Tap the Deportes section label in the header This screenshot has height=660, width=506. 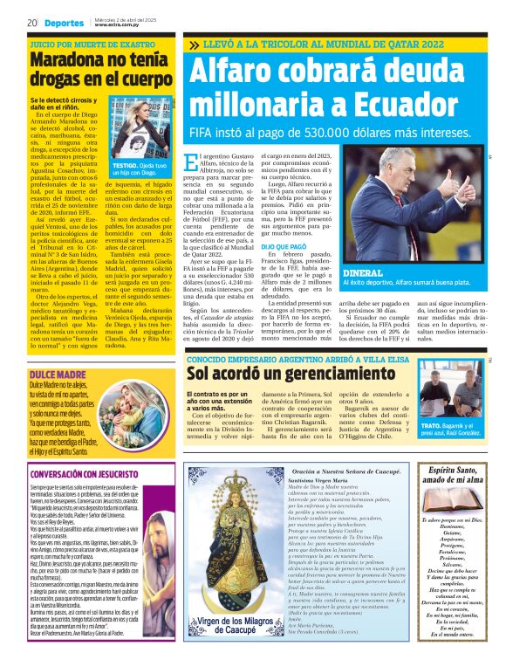tap(64, 23)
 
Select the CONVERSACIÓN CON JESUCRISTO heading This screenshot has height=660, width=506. tap(82, 474)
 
